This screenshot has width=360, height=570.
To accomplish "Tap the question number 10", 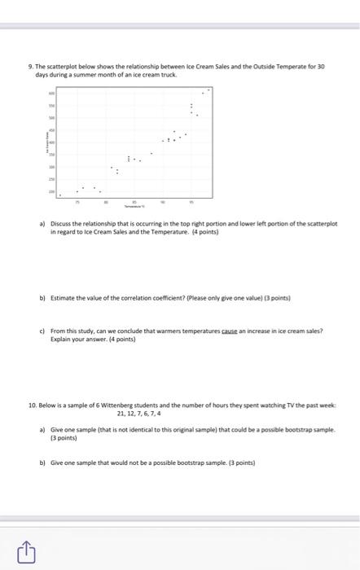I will (31, 403).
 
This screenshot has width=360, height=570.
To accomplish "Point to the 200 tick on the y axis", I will (51, 192).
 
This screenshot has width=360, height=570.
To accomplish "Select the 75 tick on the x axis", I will (78, 199).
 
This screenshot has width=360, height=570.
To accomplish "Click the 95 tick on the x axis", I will (191, 199).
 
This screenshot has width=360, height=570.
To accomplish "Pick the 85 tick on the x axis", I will (134, 199).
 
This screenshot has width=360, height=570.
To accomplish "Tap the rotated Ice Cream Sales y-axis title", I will (46, 144).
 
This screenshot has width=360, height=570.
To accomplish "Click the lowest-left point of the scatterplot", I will (59, 194).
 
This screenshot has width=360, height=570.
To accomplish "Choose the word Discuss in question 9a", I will (62, 222).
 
